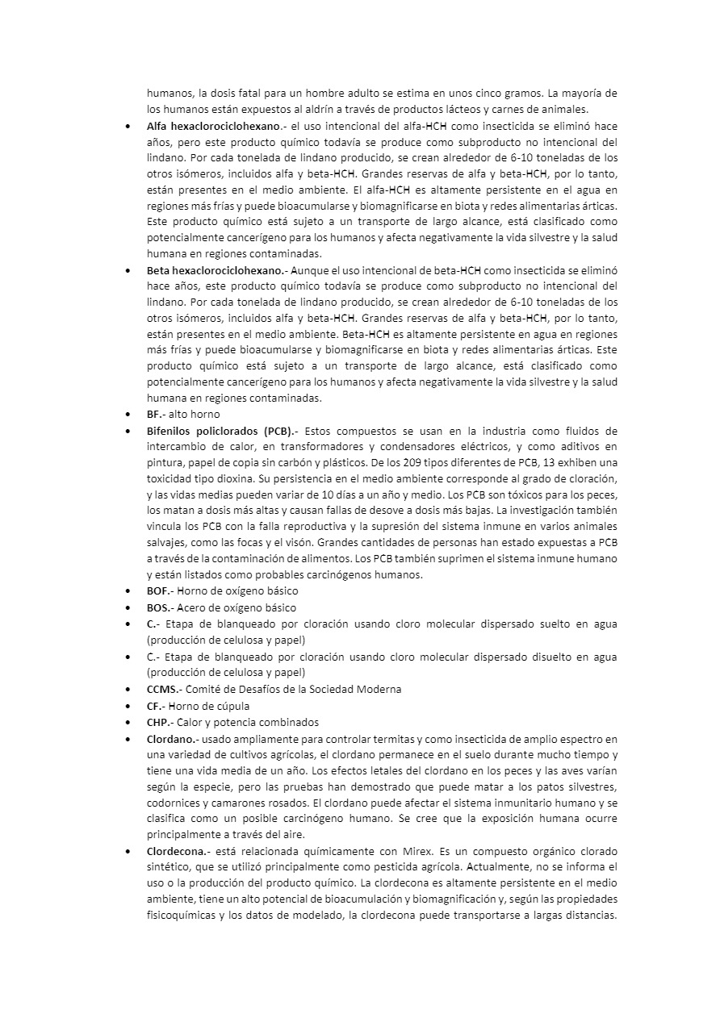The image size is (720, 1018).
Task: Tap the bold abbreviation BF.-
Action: click(x=156, y=414)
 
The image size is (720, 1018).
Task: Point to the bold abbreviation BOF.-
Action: click(x=161, y=591)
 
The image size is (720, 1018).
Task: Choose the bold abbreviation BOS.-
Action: click(x=161, y=607)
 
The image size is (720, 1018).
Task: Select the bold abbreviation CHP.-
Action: click(x=159, y=722)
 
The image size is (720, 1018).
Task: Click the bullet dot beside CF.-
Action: click(x=130, y=706)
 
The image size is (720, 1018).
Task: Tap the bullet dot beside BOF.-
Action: click(x=130, y=591)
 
